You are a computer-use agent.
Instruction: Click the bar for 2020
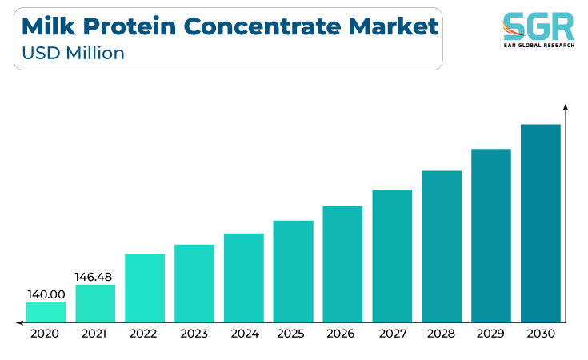[46, 312]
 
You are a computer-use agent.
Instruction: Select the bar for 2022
[145, 288]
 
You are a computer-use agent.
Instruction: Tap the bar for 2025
[294, 271]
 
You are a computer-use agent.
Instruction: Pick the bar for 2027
[392, 256]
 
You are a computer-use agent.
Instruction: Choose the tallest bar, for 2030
[540, 223]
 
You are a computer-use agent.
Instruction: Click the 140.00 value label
[46, 294]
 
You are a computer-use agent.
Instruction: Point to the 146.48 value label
[94, 277]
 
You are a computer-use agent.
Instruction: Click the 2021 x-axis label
[94, 334]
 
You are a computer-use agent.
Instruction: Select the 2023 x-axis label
[194, 334]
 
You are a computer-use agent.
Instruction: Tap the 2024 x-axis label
[245, 334]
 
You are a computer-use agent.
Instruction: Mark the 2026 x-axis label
[340, 334]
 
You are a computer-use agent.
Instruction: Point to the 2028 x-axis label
[441, 334]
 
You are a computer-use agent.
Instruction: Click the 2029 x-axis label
[490, 334]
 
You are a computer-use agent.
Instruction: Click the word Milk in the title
[48, 26]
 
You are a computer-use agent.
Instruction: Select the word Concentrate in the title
[262, 26]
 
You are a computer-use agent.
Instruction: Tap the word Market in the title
[394, 26]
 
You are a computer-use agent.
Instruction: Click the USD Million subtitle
[73, 53]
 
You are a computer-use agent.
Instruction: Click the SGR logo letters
[538, 26]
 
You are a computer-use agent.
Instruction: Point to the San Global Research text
[539, 46]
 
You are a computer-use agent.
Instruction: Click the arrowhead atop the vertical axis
[566, 107]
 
